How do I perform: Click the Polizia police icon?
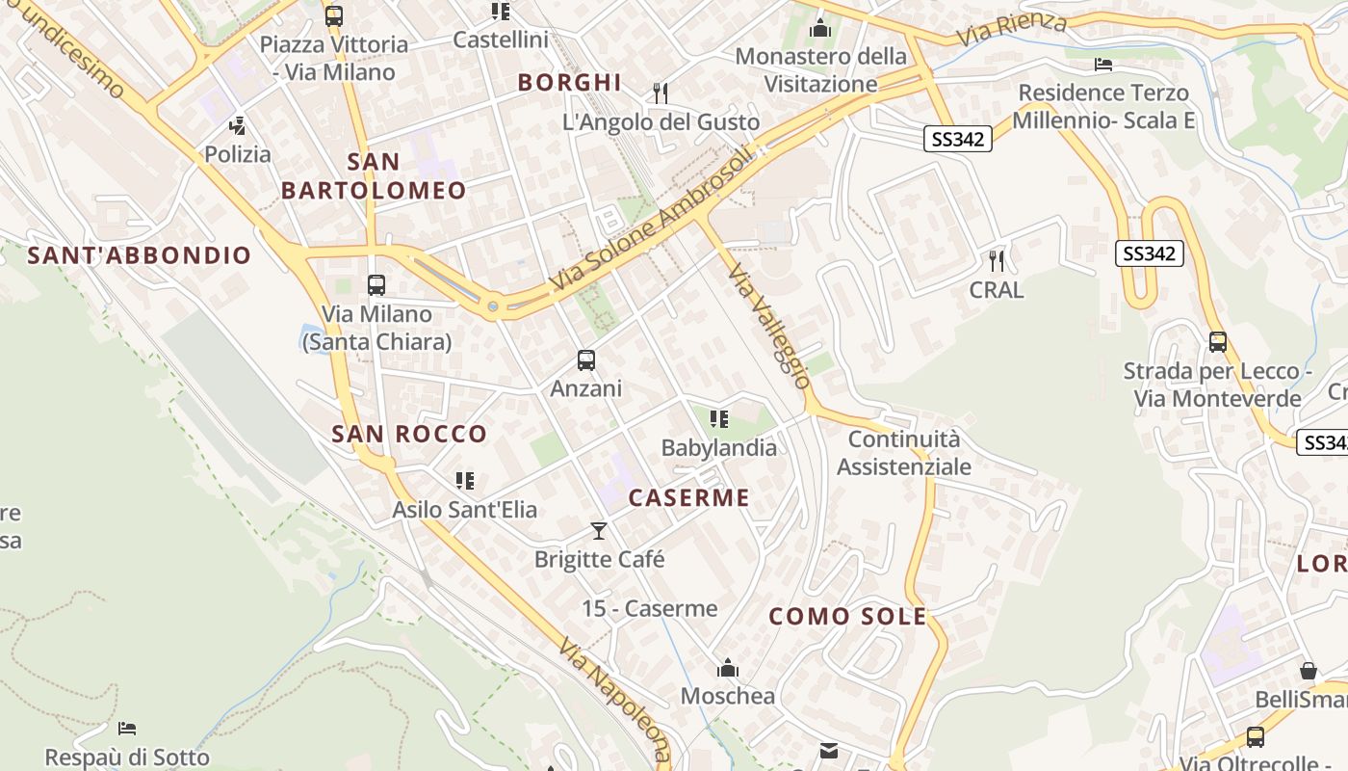click(x=237, y=126)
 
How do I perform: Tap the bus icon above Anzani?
click(x=585, y=360)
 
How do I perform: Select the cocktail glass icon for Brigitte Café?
click(x=599, y=530)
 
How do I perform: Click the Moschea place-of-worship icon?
click(x=727, y=668)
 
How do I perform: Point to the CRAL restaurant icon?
click(x=997, y=260)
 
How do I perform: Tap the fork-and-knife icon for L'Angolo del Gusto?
click(x=661, y=93)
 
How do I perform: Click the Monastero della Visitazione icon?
click(x=820, y=28)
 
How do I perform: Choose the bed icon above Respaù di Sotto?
click(x=127, y=729)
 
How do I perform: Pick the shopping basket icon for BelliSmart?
click(x=1308, y=671)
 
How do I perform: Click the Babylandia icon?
click(x=718, y=419)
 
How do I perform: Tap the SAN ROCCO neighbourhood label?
click(x=409, y=434)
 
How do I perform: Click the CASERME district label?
click(x=688, y=498)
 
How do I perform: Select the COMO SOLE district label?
click(x=847, y=617)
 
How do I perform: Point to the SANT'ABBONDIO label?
click(x=140, y=255)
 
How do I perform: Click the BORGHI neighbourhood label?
click(x=570, y=83)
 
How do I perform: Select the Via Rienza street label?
click(x=1011, y=28)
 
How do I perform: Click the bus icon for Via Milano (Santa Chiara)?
click(x=376, y=285)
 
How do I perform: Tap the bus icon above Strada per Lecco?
click(x=1218, y=342)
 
